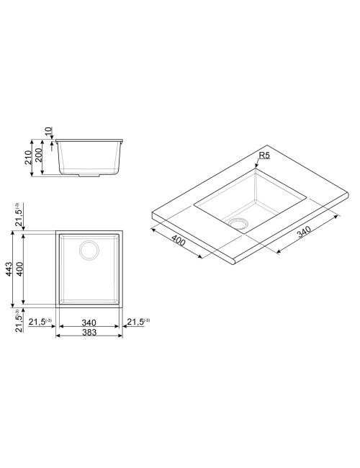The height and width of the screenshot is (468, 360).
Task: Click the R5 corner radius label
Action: coord(264,156)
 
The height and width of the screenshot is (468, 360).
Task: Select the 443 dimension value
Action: coord(9,269)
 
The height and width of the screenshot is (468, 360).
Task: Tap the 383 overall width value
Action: coord(89,332)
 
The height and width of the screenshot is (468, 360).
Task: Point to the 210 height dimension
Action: coord(28,157)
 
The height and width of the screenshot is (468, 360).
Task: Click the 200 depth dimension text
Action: coord(38,156)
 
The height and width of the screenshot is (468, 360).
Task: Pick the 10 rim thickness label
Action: coord(48,131)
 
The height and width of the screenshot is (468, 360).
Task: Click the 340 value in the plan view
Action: coord(89,323)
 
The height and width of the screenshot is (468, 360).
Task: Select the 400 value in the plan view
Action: coord(19,269)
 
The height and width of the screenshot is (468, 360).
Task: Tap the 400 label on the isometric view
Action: coord(179,240)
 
